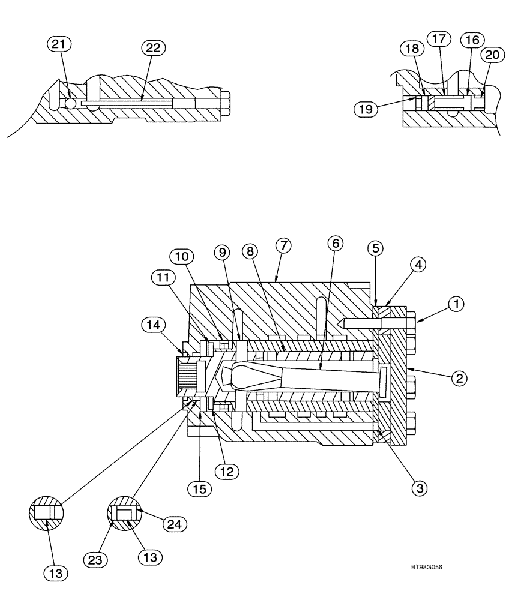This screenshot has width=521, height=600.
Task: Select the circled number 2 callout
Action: point(459,378)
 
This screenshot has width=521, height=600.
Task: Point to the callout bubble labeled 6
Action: point(336,243)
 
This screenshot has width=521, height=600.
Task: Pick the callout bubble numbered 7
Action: point(283,245)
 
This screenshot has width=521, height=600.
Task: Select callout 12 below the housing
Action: point(227,472)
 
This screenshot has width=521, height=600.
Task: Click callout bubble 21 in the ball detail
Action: point(60,44)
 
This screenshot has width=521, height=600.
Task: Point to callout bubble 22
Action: point(153,48)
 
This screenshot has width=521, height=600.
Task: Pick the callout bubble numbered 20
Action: point(492,55)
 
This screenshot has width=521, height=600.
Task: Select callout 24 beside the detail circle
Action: point(174,524)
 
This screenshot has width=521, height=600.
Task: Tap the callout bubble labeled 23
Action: point(98,560)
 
